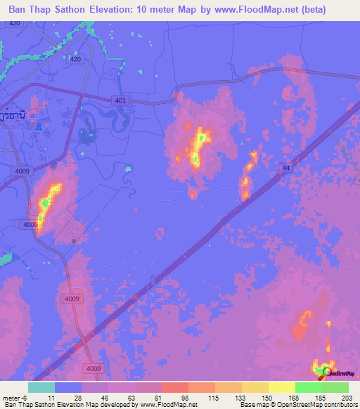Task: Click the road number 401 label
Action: pos(120,101)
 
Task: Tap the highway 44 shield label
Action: pos(285,167)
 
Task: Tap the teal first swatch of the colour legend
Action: pos(41,387)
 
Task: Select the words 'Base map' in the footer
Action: pos(253,405)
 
